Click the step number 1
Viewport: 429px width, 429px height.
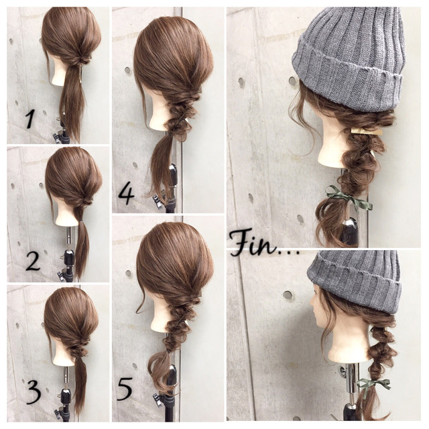pyautogui.click(x=29, y=119)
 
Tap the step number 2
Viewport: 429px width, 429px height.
pyautogui.click(x=33, y=261)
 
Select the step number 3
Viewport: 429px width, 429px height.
pyautogui.click(x=34, y=392)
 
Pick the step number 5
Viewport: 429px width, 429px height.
pyautogui.click(x=125, y=389)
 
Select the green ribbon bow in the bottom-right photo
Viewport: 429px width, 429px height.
pyautogui.click(x=373, y=384)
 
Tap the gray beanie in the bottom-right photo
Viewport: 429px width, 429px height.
pyautogui.click(x=355, y=282)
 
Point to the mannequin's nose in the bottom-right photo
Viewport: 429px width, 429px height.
pyautogui.click(x=312, y=303)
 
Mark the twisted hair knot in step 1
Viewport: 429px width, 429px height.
pyautogui.click(x=82, y=61)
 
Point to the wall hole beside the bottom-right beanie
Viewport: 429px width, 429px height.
pyautogui.click(x=288, y=295)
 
